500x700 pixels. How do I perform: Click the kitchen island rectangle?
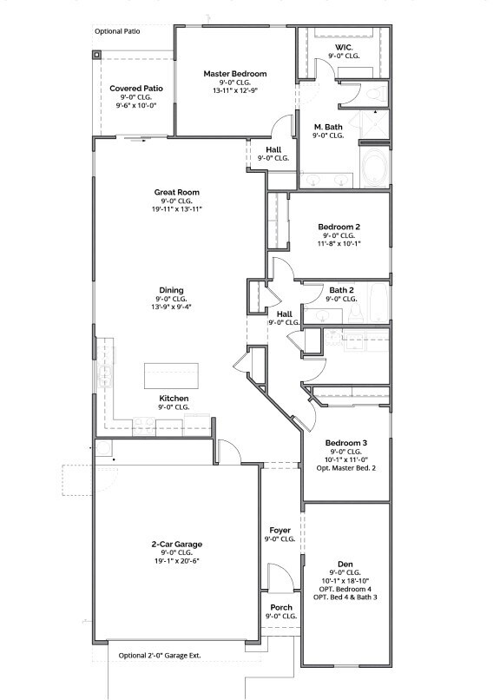[171, 376]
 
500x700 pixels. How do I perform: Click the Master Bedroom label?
[235, 74]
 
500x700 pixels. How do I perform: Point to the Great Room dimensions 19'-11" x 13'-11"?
[178, 209]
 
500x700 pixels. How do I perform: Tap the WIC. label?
[343, 48]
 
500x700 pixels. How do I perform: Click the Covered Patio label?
[136, 89]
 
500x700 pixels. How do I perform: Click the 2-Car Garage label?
[176, 545]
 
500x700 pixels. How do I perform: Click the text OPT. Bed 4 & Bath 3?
[345, 598]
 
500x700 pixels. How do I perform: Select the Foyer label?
[280, 530]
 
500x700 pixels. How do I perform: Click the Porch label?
[280, 607]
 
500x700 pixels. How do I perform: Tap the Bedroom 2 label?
[339, 226]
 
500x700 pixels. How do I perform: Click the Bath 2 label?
[341, 290]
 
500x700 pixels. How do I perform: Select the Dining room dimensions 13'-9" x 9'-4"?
[171, 307]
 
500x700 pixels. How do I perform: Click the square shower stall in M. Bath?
[375, 129]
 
